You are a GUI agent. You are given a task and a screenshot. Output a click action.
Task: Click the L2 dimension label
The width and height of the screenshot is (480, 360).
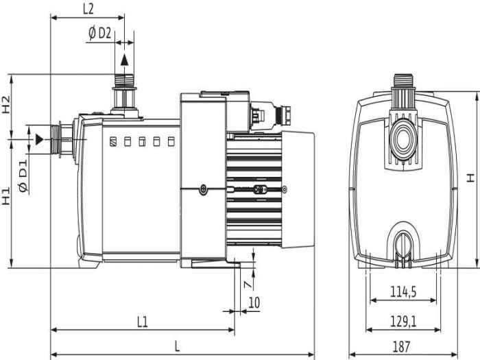click(88, 9)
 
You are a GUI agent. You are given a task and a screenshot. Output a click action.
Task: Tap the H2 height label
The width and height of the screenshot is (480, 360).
click(6, 104)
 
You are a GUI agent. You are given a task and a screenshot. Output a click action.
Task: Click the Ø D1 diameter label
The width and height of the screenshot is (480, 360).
click(23, 174)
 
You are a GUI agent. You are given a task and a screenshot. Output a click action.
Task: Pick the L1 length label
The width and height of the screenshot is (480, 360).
click(142, 320)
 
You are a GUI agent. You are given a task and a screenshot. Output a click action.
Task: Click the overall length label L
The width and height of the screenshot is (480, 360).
click(177, 346)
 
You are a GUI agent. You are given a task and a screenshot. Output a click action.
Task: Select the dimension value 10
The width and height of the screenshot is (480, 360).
click(254, 302)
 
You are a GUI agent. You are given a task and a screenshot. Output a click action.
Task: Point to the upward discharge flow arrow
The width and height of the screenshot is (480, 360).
click(124, 60)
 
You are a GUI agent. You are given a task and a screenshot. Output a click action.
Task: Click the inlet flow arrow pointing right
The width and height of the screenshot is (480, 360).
click(40, 139)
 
